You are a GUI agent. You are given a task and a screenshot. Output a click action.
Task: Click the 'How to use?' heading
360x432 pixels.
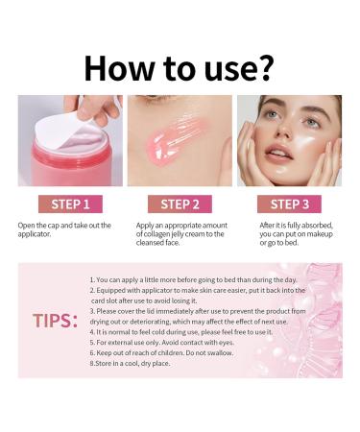(x=180, y=67)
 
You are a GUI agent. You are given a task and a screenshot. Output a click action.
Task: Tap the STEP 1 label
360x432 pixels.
(x=70, y=204)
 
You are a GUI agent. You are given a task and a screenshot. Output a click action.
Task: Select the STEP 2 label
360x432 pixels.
(x=180, y=204)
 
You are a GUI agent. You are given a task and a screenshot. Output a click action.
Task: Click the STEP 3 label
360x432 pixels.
(x=289, y=204)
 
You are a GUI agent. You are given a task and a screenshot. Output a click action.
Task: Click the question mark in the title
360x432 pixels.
(x=263, y=67)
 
